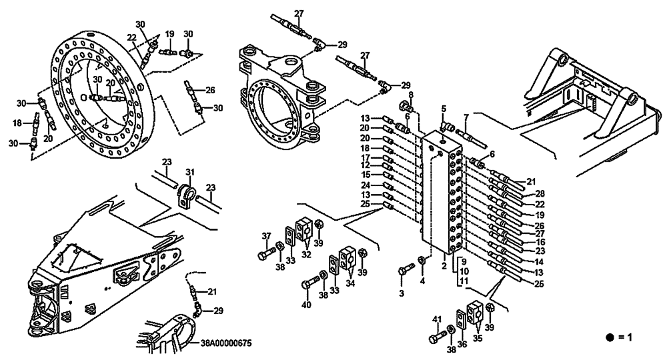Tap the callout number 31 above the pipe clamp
(189, 172)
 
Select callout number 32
(307, 253)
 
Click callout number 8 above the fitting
(411, 95)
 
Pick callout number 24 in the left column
(367, 185)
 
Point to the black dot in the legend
(609, 337)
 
